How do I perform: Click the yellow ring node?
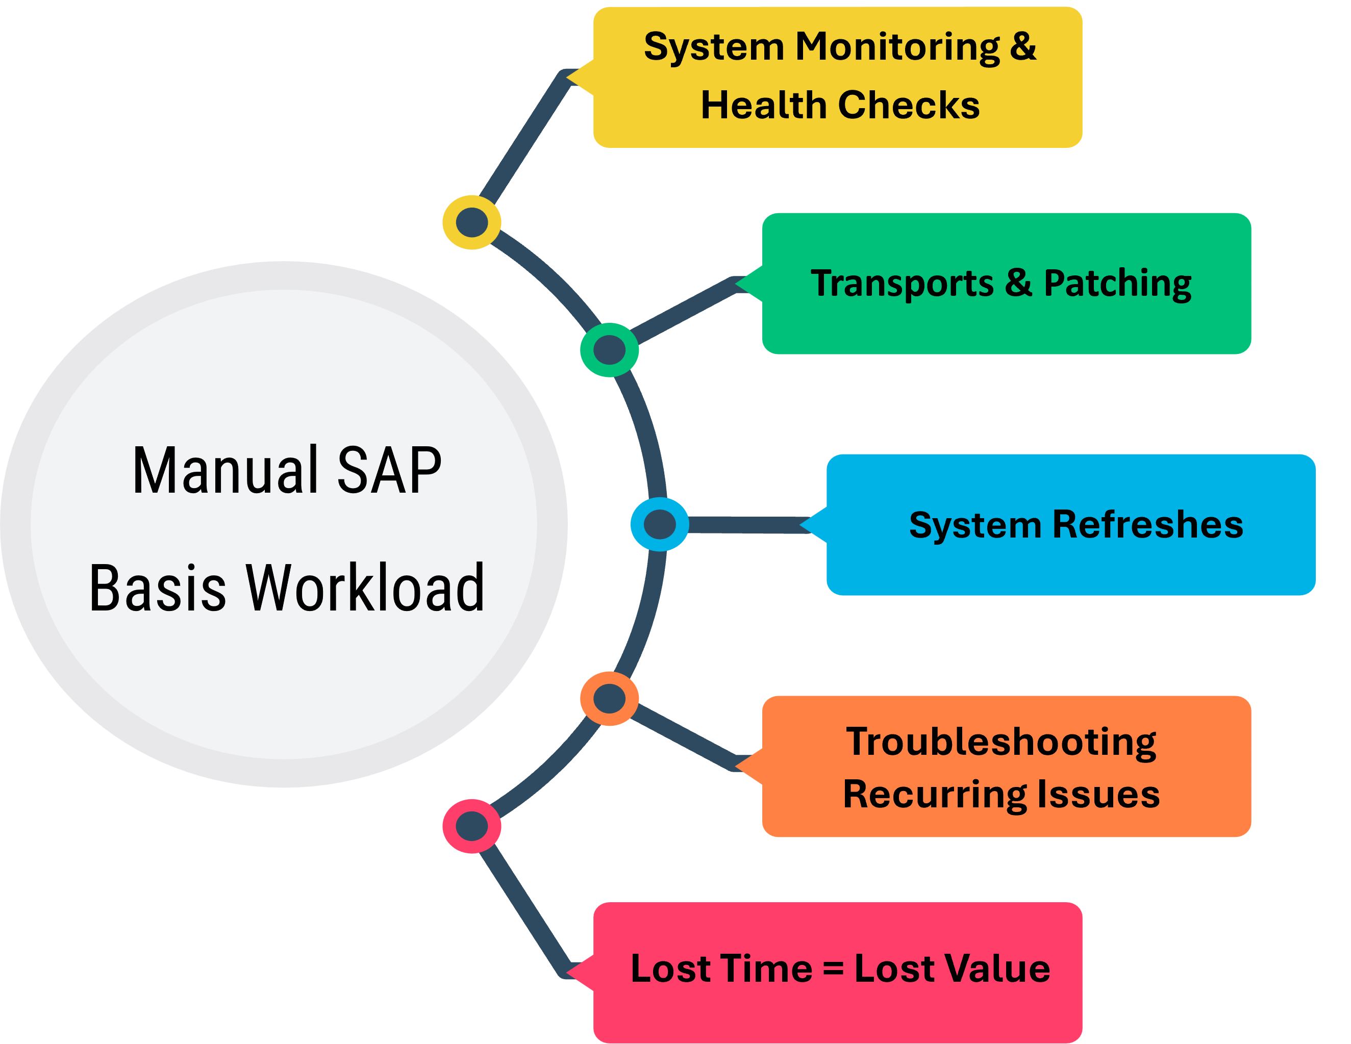tap(471, 222)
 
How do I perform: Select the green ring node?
tap(609, 349)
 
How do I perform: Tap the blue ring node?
tap(659, 524)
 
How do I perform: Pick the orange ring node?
tap(609, 699)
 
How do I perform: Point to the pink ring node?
tap(471, 826)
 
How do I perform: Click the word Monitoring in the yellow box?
tap(897, 47)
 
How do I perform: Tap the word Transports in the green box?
tap(902, 284)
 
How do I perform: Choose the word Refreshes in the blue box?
tap(1147, 525)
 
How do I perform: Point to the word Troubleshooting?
tap(1001, 742)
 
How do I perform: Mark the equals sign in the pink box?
tap(833, 969)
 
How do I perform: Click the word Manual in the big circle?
tap(228, 471)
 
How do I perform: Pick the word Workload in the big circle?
tap(365, 588)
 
